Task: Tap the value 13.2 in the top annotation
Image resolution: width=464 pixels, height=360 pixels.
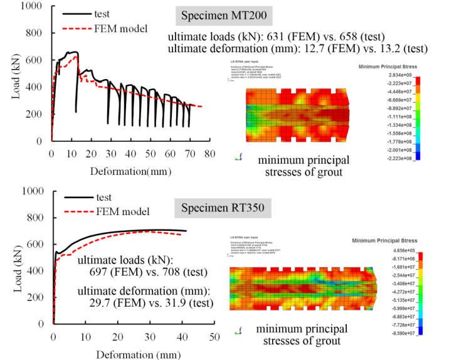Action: (x=382, y=48)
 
